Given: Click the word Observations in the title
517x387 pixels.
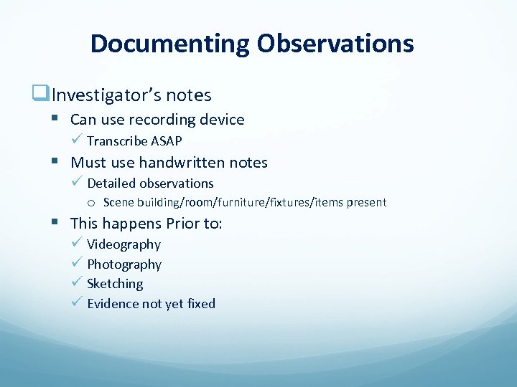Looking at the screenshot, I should click(335, 44).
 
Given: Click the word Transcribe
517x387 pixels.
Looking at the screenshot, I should click(117, 140).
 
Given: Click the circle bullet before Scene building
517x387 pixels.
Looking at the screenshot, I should click(93, 203).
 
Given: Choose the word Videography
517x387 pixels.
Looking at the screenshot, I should click(124, 244).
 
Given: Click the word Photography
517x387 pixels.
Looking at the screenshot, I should click(124, 264).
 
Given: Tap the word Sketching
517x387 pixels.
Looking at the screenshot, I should click(115, 284).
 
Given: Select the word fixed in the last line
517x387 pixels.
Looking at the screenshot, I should click(201, 304).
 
